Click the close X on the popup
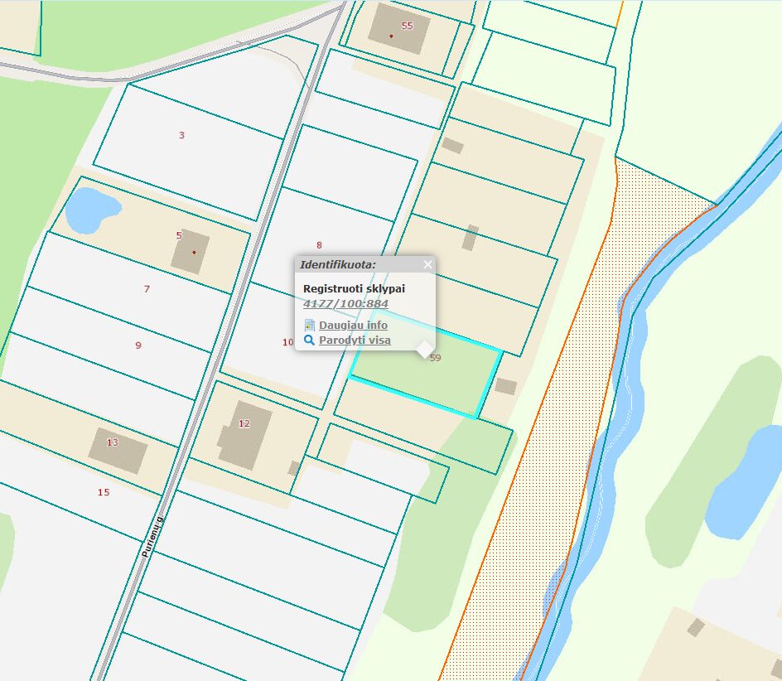tap(427, 264)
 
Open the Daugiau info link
tap(353, 325)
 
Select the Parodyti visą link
tap(355, 340)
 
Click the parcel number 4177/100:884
tap(345, 303)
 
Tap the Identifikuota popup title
tap(337, 264)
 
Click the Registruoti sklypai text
tap(355, 287)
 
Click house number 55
tap(407, 25)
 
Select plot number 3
tap(181, 135)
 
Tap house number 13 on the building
tap(113, 442)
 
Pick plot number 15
tap(104, 492)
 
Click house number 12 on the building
tap(244, 423)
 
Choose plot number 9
tap(138, 345)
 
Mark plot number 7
tap(147, 289)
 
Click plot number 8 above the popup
tap(319, 244)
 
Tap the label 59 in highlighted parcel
tap(436, 358)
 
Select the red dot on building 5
tap(194, 252)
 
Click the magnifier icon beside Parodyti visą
tap(309, 340)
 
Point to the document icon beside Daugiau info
tap(309, 325)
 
